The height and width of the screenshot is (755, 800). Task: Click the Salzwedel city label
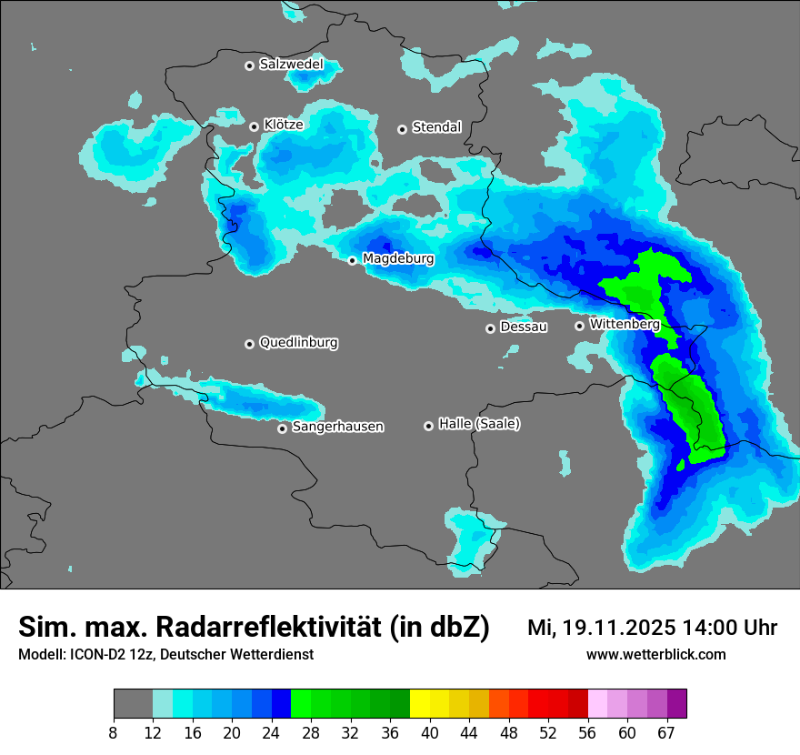(291, 65)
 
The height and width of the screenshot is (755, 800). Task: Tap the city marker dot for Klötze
(255, 126)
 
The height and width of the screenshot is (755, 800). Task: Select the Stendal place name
(437, 127)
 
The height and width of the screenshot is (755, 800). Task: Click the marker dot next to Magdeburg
(353, 260)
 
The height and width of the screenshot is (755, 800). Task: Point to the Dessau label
(524, 327)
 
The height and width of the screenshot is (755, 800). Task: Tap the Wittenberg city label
(625, 324)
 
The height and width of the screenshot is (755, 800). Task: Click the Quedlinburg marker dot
(249, 344)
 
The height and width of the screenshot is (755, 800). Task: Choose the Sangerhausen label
(337, 427)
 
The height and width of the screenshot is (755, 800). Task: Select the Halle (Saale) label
(479, 424)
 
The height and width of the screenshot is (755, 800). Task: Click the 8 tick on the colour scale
(114, 731)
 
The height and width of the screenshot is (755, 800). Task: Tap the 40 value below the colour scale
(430, 731)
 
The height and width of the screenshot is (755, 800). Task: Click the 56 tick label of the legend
(587, 731)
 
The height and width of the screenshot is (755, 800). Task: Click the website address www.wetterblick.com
(655, 655)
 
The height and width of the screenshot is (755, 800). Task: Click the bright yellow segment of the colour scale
(420, 704)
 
